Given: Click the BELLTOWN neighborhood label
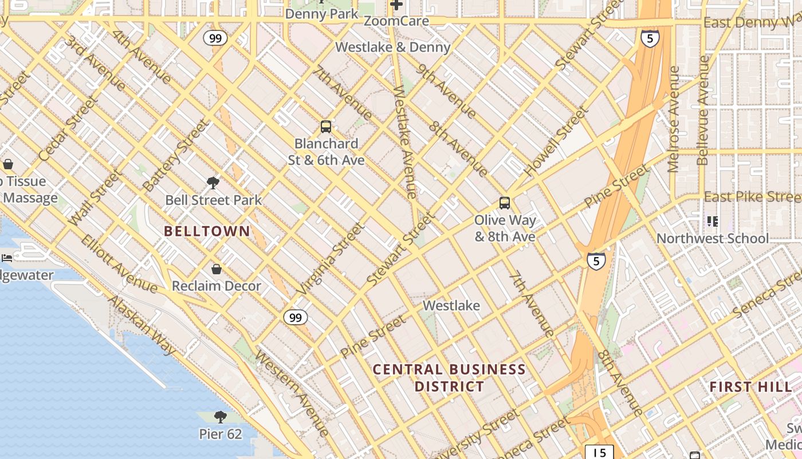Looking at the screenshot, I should coord(207,231).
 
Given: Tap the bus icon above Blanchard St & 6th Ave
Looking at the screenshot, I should coord(326,127).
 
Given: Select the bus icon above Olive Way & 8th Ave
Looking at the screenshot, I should coord(505,203).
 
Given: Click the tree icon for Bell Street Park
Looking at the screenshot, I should coord(213,183).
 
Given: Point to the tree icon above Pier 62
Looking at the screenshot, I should coord(221,417).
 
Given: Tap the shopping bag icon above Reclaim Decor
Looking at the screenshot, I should coord(217,269).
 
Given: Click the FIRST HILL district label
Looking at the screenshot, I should coord(750,387).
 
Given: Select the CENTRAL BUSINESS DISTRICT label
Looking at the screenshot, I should coord(449,378).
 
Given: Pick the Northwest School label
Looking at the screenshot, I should coord(713,239).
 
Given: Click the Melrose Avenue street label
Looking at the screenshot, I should coord(674,119).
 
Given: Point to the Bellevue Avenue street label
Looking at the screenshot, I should coord(703,110).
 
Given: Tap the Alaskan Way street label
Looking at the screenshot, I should coord(141,325).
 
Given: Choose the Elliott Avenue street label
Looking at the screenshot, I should coord(119,263).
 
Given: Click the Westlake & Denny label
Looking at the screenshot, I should coord(393,47).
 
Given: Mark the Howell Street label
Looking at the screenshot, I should coord(556,141).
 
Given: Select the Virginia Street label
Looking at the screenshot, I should coord(331,259).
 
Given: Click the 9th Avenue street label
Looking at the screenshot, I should coord(447,91).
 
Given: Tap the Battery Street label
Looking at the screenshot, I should coord(175,155).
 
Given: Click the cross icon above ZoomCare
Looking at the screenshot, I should coord(396,5).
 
